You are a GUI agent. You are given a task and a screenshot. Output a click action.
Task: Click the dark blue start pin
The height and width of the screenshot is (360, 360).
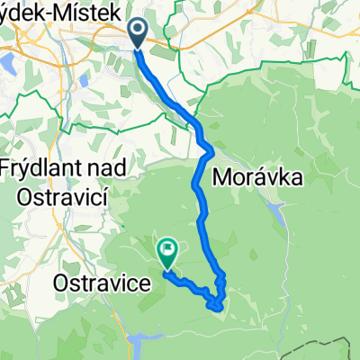coord(139,34)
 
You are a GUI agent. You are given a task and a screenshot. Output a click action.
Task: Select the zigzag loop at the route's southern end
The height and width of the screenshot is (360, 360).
coord(217,297)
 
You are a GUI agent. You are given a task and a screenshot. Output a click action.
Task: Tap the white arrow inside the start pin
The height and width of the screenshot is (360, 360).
coord(139,32)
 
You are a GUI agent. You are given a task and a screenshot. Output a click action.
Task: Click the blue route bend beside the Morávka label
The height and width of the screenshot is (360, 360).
coord(206,148)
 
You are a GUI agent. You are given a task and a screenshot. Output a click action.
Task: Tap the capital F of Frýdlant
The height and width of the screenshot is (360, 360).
coord(6,168)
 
